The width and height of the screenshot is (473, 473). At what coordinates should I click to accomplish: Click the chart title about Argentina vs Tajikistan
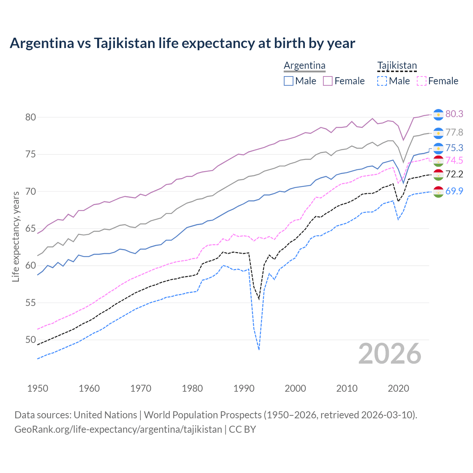click(182, 43)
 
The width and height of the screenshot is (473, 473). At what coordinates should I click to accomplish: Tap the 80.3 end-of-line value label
click(454, 114)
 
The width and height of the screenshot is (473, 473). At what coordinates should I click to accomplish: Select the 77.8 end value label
click(454, 132)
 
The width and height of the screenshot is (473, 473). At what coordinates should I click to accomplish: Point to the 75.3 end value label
click(454, 148)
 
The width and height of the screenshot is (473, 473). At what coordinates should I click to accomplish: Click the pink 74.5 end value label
click(454, 160)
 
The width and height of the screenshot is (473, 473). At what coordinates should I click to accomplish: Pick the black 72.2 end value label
click(454, 174)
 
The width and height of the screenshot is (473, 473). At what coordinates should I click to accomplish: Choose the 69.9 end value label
click(454, 191)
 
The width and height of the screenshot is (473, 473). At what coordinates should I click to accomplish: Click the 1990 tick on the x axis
click(244, 388)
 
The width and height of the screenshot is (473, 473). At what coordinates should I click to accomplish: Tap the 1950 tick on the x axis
click(38, 388)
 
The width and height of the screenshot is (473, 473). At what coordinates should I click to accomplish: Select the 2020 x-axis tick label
click(398, 388)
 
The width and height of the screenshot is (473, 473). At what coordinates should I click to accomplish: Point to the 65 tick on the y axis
click(30, 228)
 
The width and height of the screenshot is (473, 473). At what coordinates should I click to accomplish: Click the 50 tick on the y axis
click(30, 340)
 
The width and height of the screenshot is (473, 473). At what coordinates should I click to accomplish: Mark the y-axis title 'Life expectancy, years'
click(16, 236)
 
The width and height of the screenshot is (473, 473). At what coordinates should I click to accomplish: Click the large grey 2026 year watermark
click(390, 354)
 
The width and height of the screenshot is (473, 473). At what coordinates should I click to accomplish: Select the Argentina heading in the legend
click(304, 65)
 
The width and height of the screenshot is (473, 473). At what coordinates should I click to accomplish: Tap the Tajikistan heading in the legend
click(397, 65)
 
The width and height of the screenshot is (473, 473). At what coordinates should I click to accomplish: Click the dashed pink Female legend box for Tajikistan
click(421, 81)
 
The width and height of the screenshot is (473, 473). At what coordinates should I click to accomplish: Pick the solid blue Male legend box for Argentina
click(289, 81)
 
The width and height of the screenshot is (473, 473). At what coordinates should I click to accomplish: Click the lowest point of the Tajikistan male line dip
click(259, 350)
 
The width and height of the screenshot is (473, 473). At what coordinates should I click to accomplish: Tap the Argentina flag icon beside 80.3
click(438, 115)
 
